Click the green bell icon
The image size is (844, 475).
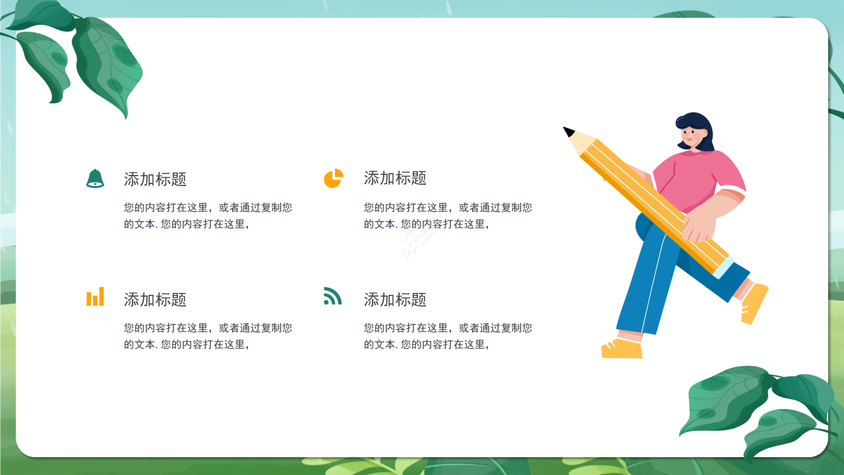click(95, 178)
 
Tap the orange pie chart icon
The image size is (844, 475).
click(333, 178)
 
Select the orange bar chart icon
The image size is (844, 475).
click(95, 297)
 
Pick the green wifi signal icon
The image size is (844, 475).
click(332, 296)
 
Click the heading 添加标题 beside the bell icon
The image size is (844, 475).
click(155, 179)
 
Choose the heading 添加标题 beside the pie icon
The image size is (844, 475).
click(395, 177)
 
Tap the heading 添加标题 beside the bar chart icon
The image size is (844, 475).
click(155, 300)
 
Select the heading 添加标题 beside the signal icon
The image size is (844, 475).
click(395, 300)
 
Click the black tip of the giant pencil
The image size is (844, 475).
click(568, 131)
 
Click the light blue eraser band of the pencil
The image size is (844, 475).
click(723, 267)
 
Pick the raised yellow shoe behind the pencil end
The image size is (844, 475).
click(754, 303)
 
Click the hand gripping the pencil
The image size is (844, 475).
click(699, 224)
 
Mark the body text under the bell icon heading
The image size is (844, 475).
click(208, 216)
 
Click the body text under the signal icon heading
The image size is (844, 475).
click(448, 336)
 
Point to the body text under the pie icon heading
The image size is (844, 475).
click(448, 216)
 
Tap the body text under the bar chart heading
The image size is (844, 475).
click(208, 336)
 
